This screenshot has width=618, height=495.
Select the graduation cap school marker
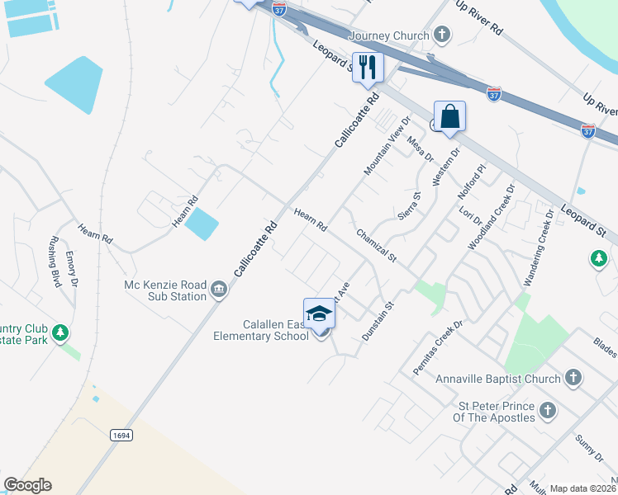coord(320,313)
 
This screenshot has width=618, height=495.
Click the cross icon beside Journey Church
coord(443,35)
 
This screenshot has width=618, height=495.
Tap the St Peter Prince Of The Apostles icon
coord(548,411)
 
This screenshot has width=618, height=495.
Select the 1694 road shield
coord(122,433)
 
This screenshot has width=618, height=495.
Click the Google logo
coord(27,485)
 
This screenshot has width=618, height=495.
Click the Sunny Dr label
coord(590,445)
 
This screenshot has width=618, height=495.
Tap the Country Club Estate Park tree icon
coord(59,333)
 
